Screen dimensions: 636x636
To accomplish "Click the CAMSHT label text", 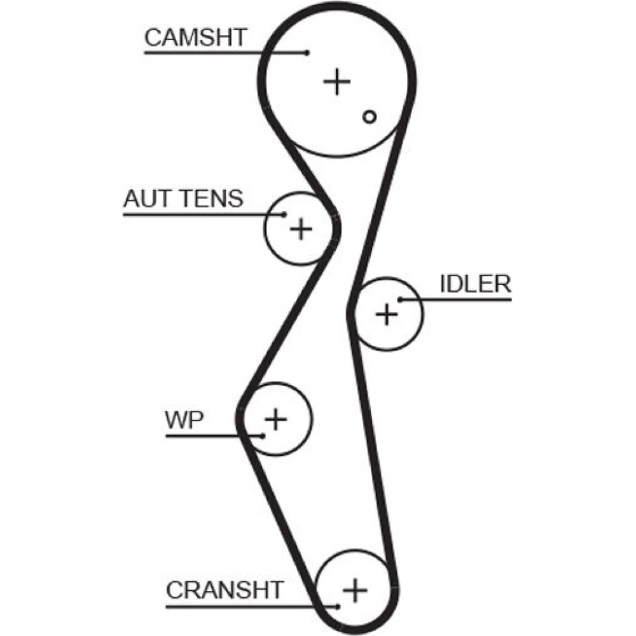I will pyautogui.click(x=195, y=38).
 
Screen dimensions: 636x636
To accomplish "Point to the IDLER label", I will pyautogui.click(x=475, y=284).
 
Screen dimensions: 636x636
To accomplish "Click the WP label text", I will pyautogui.click(x=184, y=420).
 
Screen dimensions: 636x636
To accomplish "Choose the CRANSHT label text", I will pyautogui.click(x=224, y=590).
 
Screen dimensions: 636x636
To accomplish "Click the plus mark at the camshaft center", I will pyautogui.click(x=337, y=82).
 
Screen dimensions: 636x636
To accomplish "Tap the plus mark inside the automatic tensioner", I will pyautogui.click(x=301, y=228).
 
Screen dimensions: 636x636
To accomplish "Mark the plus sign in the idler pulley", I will pyautogui.click(x=386, y=314).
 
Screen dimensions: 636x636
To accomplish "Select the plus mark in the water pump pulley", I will pyautogui.click(x=275, y=418).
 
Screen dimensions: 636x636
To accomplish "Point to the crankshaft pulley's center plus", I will pyautogui.click(x=355, y=591).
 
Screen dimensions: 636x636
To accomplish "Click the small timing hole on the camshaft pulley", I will pyautogui.click(x=370, y=116).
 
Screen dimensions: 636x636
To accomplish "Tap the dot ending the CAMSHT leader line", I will pyautogui.click(x=307, y=53).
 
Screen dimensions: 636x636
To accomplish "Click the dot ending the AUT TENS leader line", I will pyautogui.click(x=284, y=215).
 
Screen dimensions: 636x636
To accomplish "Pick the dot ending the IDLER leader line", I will pyautogui.click(x=401, y=299).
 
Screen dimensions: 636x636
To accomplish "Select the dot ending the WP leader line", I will pyautogui.click(x=262, y=436).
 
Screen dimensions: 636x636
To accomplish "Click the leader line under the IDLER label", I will pyautogui.click(x=464, y=299).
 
